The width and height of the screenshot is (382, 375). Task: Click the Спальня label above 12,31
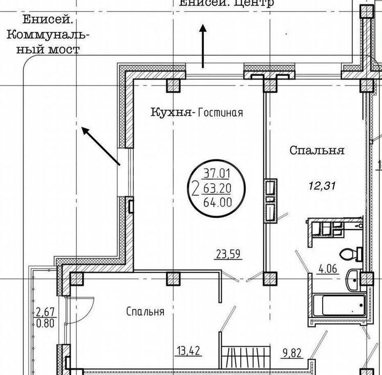coord(316,151)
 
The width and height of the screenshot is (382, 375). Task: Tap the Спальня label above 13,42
coord(145,312)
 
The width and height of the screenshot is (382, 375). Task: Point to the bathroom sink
coord(354,279)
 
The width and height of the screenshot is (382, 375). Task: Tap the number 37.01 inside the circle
coord(217,172)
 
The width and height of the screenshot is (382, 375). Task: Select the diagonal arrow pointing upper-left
coord(100,146)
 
